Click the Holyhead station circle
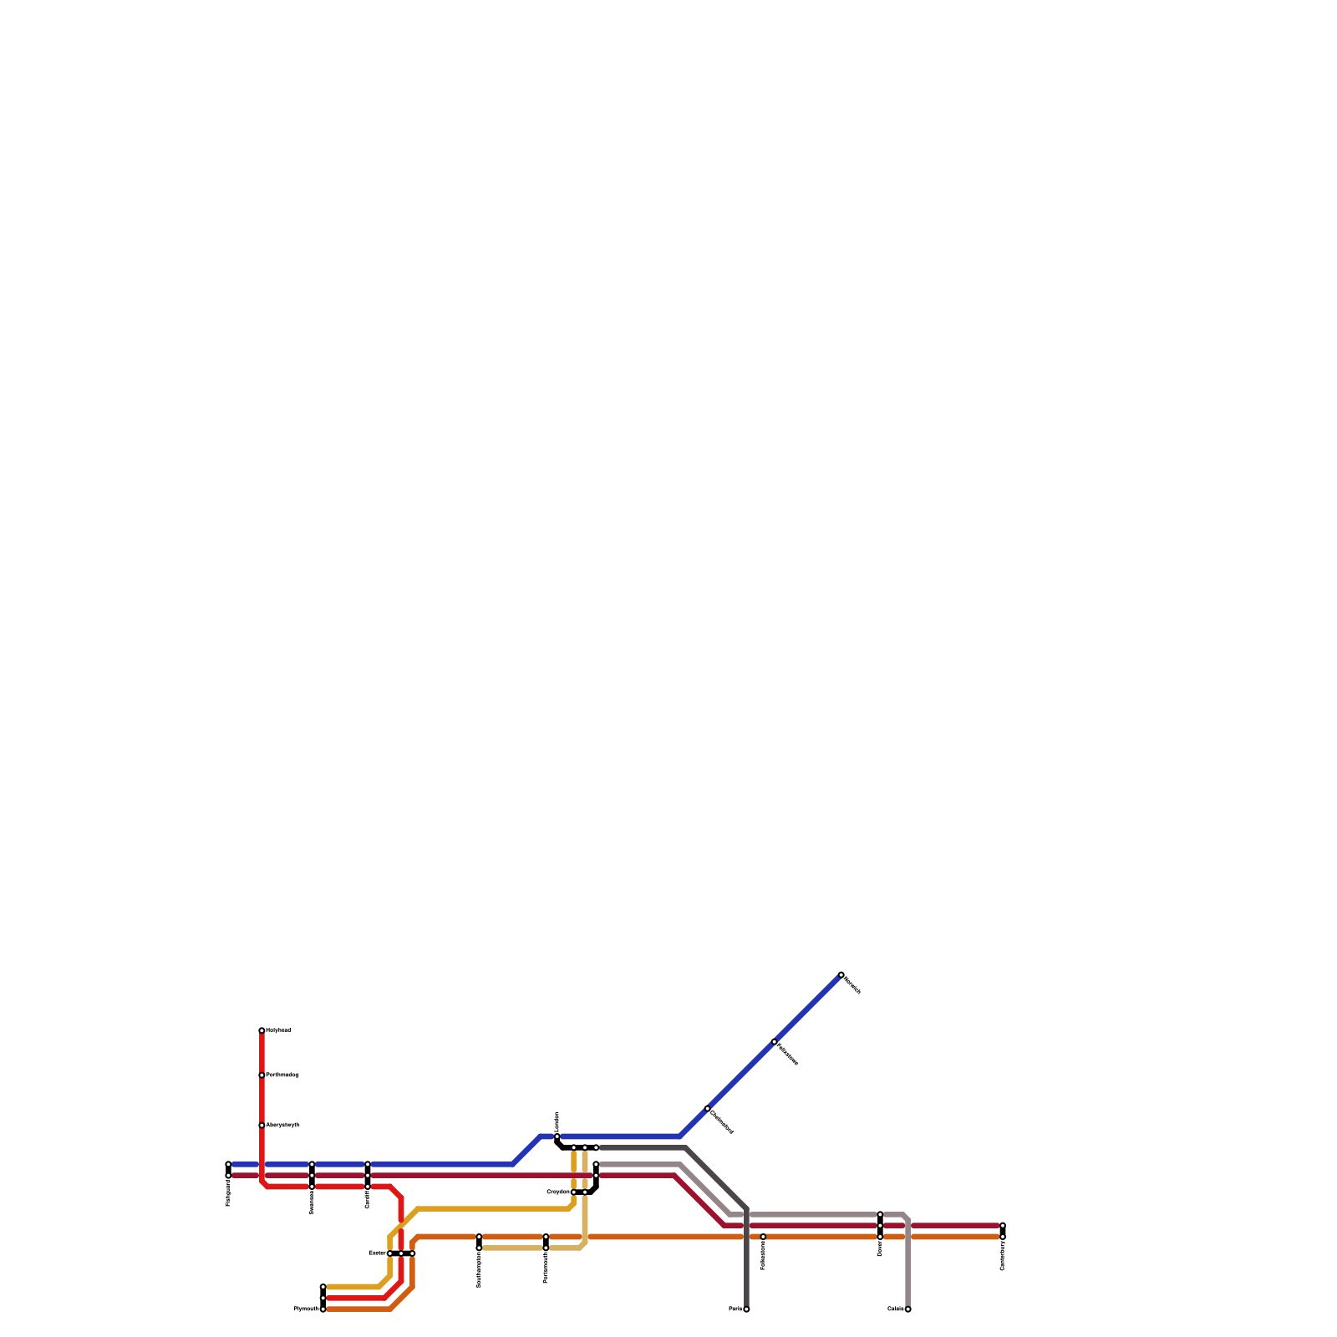(x=262, y=1030)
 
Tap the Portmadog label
(x=282, y=1075)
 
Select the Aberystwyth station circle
(x=262, y=1126)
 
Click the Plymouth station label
(x=305, y=1309)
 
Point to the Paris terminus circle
(x=746, y=1309)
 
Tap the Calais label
(x=895, y=1309)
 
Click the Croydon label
(x=557, y=1192)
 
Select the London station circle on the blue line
(x=557, y=1137)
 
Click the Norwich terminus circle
(x=841, y=974)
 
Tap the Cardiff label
(x=368, y=1199)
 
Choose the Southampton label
(x=479, y=1269)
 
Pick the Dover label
(x=880, y=1248)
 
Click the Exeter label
(x=377, y=1253)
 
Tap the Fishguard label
(x=228, y=1193)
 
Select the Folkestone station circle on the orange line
(x=763, y=1237)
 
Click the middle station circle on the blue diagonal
(x=775, y=1041)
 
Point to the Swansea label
(x=312, y=1202)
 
